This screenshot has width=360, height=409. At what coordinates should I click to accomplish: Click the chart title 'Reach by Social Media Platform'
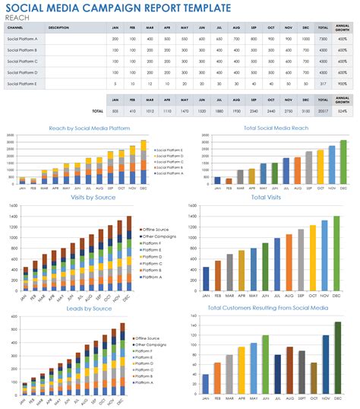coord(90,128)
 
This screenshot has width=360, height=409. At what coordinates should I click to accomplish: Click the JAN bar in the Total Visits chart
coord(206,279)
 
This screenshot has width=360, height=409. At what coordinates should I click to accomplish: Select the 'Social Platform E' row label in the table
coord(22,83)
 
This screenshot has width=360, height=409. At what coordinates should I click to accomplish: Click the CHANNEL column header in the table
coord(16,27)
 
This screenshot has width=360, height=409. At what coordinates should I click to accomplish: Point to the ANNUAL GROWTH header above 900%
coord(343,27)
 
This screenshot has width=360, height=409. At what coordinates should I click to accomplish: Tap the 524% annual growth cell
coord(343,111)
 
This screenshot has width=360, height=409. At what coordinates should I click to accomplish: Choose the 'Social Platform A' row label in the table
coord(22,38)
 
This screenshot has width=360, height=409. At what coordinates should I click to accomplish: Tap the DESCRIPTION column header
coord(58,27)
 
